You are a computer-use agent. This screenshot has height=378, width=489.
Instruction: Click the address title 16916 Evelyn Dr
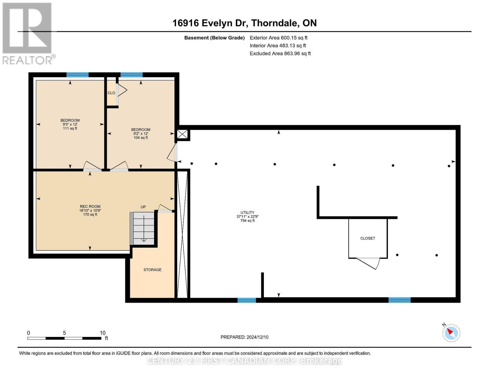pyautogui.click(x=244, y=23)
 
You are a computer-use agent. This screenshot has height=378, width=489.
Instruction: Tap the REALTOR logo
pyautogui.click(x=28, y=33)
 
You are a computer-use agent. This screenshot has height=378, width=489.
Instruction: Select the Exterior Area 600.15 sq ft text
pyautogui.click(x=278, y=38)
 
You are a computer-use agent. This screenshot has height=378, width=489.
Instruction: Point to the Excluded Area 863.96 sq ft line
pyautogui.click(x=280, y=54)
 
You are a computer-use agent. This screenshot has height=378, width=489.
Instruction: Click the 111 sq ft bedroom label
pyautogui.click(x=70, y=124)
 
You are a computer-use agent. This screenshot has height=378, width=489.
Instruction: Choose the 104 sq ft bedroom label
pyautogui.click(x=140, y=134)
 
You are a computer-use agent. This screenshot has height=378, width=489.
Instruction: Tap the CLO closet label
pyautogui.click(x=111, y=93)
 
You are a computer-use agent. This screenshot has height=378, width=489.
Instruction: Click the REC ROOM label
pyautogui.click(x=90, y=210)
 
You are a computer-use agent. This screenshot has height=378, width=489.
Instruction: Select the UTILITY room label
pyautogui.click(x=247, y=216)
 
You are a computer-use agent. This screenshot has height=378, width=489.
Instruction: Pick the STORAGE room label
pyautogui.click(x=152, y=270)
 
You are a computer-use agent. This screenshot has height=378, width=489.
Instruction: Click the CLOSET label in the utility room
pyautogui.click(x=367, y=238)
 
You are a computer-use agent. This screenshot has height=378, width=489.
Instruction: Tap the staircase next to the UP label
pyautogui.click(x=144, y=228)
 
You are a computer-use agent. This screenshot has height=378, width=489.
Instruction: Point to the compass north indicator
pyautogui.click(x=451, y=333)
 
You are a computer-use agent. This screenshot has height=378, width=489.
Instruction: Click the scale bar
pyautogui.click(x=64, y=338)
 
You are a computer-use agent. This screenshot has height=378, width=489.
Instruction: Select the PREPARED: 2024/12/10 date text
pyautogui.click(x=244, y=337)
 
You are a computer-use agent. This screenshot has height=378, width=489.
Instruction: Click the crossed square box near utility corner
pyautogui.click(x=182, y=134)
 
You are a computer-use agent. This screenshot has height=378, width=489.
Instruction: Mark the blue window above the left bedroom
pyautogui.click(x=77, y=75)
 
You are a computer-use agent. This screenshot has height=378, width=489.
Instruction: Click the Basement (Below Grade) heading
pyautogui.click(x=214, y=38)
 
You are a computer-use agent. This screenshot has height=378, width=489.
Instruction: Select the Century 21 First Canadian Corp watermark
pyautogui.click(x=244, y=361)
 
